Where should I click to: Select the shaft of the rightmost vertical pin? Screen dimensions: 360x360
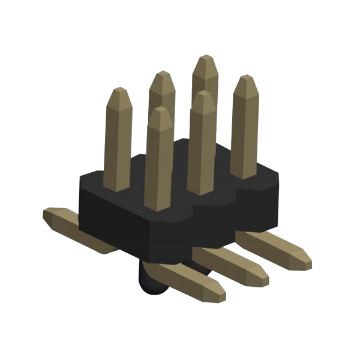pos(244,132)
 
